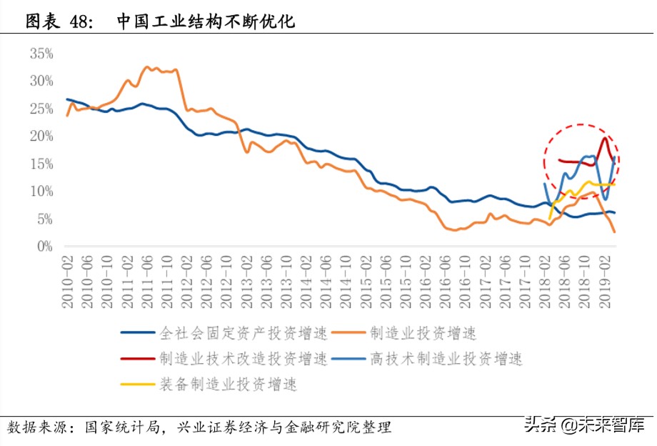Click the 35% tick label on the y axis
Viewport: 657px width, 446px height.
[41, 54]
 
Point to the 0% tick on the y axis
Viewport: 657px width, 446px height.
[44, 247]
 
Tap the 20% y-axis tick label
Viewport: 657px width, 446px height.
[41, 136]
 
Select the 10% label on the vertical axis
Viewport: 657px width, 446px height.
[41, 192]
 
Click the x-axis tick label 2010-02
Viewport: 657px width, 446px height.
[68, 283]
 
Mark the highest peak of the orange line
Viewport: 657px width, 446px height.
[147, 67]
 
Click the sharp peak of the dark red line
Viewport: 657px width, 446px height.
[606, 138]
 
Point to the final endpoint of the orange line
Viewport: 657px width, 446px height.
[614, 232]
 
